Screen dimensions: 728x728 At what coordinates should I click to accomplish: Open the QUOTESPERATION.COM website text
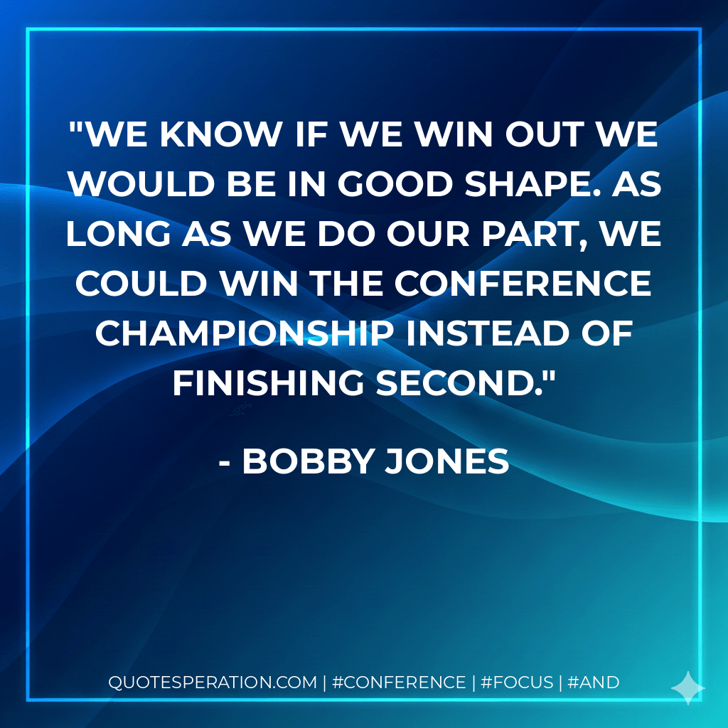coord(212,682)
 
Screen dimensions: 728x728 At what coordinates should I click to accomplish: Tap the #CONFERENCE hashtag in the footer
coord(398,682)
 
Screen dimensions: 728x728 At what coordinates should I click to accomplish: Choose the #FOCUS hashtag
coord(517,682)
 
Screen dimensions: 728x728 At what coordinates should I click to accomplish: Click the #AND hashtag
coord(594,682)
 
